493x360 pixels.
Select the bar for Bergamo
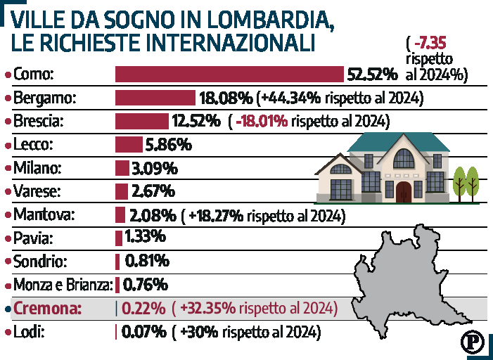click(x=155, y=98)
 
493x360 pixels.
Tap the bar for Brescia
click(x=141, y=121)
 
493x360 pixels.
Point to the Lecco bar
click(x=129, y=145)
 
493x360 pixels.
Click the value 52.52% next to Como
click(x=373, y=74)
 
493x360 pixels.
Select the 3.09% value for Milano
click(x=154, y=169)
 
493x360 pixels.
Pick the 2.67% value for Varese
click(x=153, y=191)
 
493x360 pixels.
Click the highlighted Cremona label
click(x=48, y=308)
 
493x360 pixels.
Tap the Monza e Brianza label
click(x=63, y=285)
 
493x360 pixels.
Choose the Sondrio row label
click(x=40, y=262)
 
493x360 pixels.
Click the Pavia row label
click(x=34, y=238)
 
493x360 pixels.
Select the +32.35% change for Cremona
click(x=207, y=308)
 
